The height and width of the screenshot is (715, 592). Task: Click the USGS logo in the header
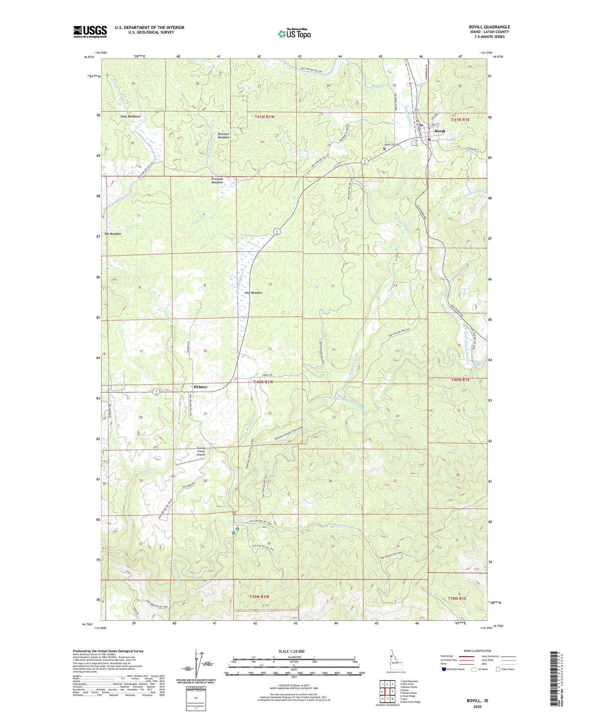[x=90, y=31]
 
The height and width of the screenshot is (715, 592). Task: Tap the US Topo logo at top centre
[x=294, y=33]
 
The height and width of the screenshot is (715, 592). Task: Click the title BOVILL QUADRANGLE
[x=489, y=27]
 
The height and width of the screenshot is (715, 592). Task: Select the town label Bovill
[x=440, y=131]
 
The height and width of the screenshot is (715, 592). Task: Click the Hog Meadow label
[x=253, y=293]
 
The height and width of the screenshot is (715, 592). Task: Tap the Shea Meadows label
[x=130, y=116]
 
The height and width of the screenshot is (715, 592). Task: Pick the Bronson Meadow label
[x=223, y=136]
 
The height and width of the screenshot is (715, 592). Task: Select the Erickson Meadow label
[x=217, y=181]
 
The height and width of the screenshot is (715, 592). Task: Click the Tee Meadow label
[x=113, y=234]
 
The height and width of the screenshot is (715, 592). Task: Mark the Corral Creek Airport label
[x=201, y=451]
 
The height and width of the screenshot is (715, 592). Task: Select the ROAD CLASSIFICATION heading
[x=477, y=651]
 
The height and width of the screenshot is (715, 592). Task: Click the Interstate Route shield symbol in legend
[x=444, y=670]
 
